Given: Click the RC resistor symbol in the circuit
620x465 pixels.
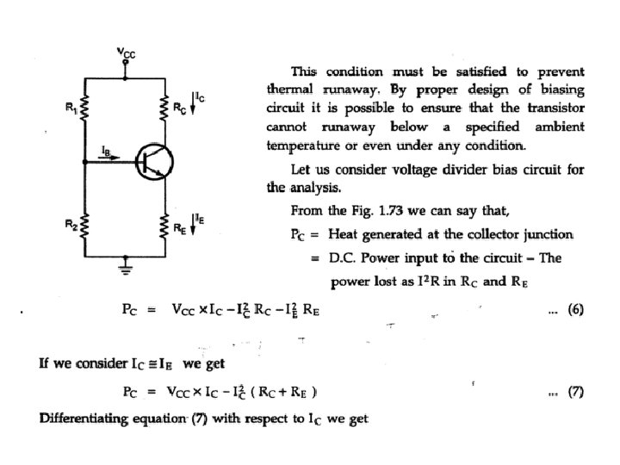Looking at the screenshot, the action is (164, 108).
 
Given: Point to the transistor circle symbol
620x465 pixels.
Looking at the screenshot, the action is (155, 161).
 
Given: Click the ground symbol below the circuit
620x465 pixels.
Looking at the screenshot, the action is (126, 268).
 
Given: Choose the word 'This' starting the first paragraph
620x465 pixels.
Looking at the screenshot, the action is (303, 71).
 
